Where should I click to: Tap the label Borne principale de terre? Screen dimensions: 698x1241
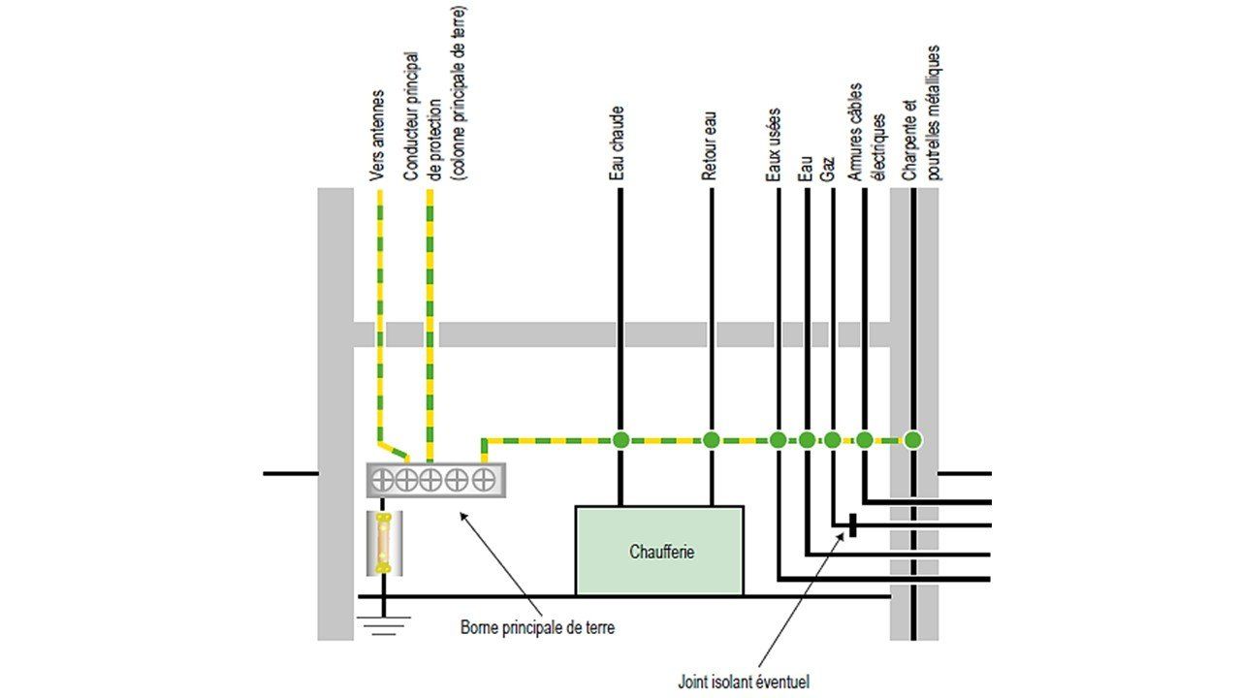537,627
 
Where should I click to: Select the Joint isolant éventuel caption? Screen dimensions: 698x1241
743,681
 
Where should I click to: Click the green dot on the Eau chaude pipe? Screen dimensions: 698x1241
620,440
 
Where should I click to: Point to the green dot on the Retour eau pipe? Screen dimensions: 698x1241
711,440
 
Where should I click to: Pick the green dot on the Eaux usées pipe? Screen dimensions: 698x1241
778,440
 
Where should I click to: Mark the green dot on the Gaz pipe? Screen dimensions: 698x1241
832,440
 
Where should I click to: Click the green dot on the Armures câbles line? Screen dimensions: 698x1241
865,440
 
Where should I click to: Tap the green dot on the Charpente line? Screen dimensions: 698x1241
912,440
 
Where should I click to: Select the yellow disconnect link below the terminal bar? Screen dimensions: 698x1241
383,544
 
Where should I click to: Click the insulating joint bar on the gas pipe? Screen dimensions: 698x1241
852,525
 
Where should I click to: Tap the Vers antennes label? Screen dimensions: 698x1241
378,136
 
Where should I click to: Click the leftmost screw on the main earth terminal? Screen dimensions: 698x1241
383,479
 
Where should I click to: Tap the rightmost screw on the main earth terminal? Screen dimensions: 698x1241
482,479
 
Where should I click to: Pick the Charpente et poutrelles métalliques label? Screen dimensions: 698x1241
921,112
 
